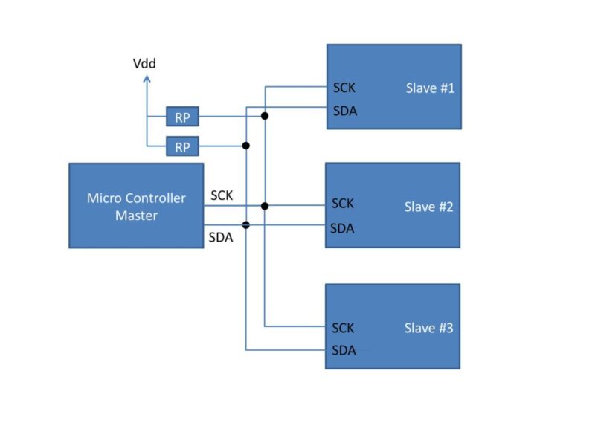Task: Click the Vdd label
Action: (144, 63)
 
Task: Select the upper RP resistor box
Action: (182, 116)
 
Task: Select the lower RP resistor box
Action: (182, 146)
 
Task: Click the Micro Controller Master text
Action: (135, 206)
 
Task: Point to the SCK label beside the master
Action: (222, 195)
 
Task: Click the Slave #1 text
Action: (429, 88)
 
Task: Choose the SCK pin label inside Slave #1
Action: (344, 88)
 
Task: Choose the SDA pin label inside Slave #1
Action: (344, 111)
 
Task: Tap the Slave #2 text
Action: (428, 207)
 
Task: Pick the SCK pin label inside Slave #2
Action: (343, 203)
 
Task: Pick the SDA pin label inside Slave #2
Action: (342, 227)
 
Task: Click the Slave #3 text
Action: (428, 327)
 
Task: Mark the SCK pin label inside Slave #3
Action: (343, 327)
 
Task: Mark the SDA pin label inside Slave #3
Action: (343, 350)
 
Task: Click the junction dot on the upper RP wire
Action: (265, 116)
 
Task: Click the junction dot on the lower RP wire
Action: (246, 146)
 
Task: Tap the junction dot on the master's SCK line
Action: (265, 205)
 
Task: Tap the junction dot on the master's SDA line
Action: (246, 224)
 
